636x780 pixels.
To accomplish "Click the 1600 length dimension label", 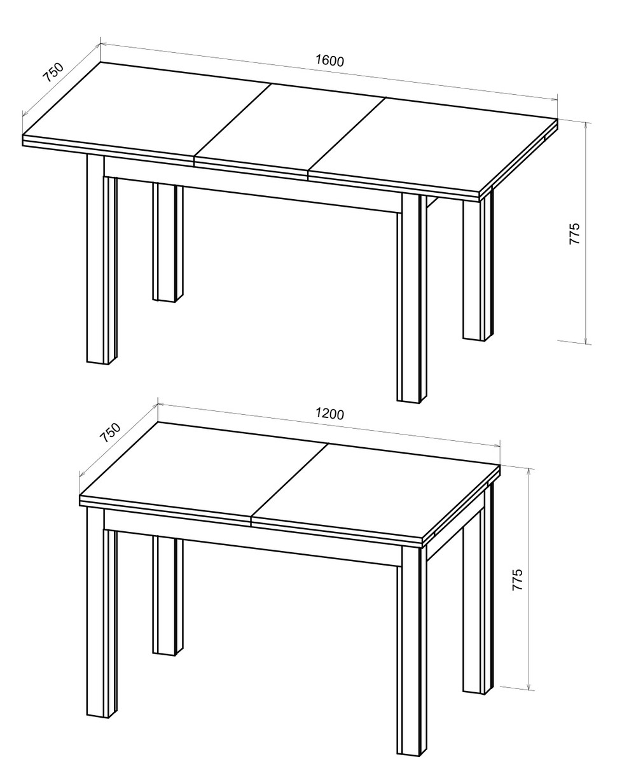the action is click(329, 61).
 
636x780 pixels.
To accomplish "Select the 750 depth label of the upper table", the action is click(53, 73).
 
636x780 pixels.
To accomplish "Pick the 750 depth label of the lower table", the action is click(110, 433).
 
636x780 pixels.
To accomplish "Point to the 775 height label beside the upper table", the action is click(574, 233).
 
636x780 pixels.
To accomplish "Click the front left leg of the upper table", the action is click(102, 260).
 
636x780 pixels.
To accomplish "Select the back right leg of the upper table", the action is click(478, 267).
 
